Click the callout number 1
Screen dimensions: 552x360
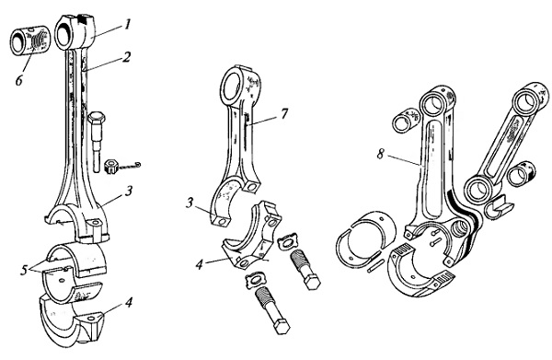pyautogui.click(x=128, y=25)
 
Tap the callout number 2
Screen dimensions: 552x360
pyautogui.click(x=126, y=57)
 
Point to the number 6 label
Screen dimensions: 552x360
pyautogui.click(x=19, y=80)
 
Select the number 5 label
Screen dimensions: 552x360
pyautogui.click(x=24, y=270)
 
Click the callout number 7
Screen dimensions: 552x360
pyautogui.click(x=284, y=114)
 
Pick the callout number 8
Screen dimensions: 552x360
pyautogui.click(x=381, y=154)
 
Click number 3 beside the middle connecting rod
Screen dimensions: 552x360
pyautogui.click(x=190, y=203)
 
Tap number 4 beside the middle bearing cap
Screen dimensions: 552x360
pyautogui.click(x=200, y=264)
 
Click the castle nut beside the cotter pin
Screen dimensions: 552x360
pyautogui.click(x=111, y=166)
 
